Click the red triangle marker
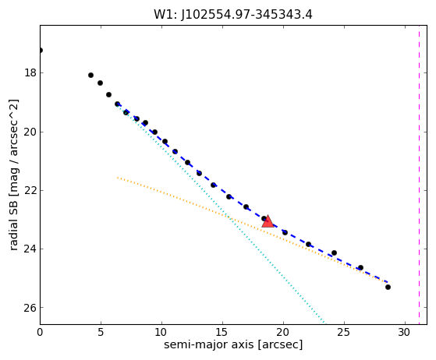(x=268, y=221)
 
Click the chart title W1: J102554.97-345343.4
(x=233, y=15)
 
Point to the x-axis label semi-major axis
(x=208, y=344)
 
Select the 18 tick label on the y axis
(x=30, y=72)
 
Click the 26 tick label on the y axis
(x=30, y=308)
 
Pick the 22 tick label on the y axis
(x=30, y=190)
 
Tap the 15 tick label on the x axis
(x=222, y=332)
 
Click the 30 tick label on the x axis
(x=405, y=332)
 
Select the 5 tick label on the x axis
(x=101, y=332)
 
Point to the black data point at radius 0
(x=41, y=51)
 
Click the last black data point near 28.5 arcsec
(x=388, y=287)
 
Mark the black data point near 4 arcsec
(x=90, y=75)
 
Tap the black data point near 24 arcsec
(x=335, y=252)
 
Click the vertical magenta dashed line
(x=419, y=175)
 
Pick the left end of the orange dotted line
(x=118, y=177)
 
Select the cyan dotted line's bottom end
(x=324, y=323)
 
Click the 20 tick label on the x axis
(x=283, y=332)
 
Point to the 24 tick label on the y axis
(x=30, y=249)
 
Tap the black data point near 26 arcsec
(x=360, y=267)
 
